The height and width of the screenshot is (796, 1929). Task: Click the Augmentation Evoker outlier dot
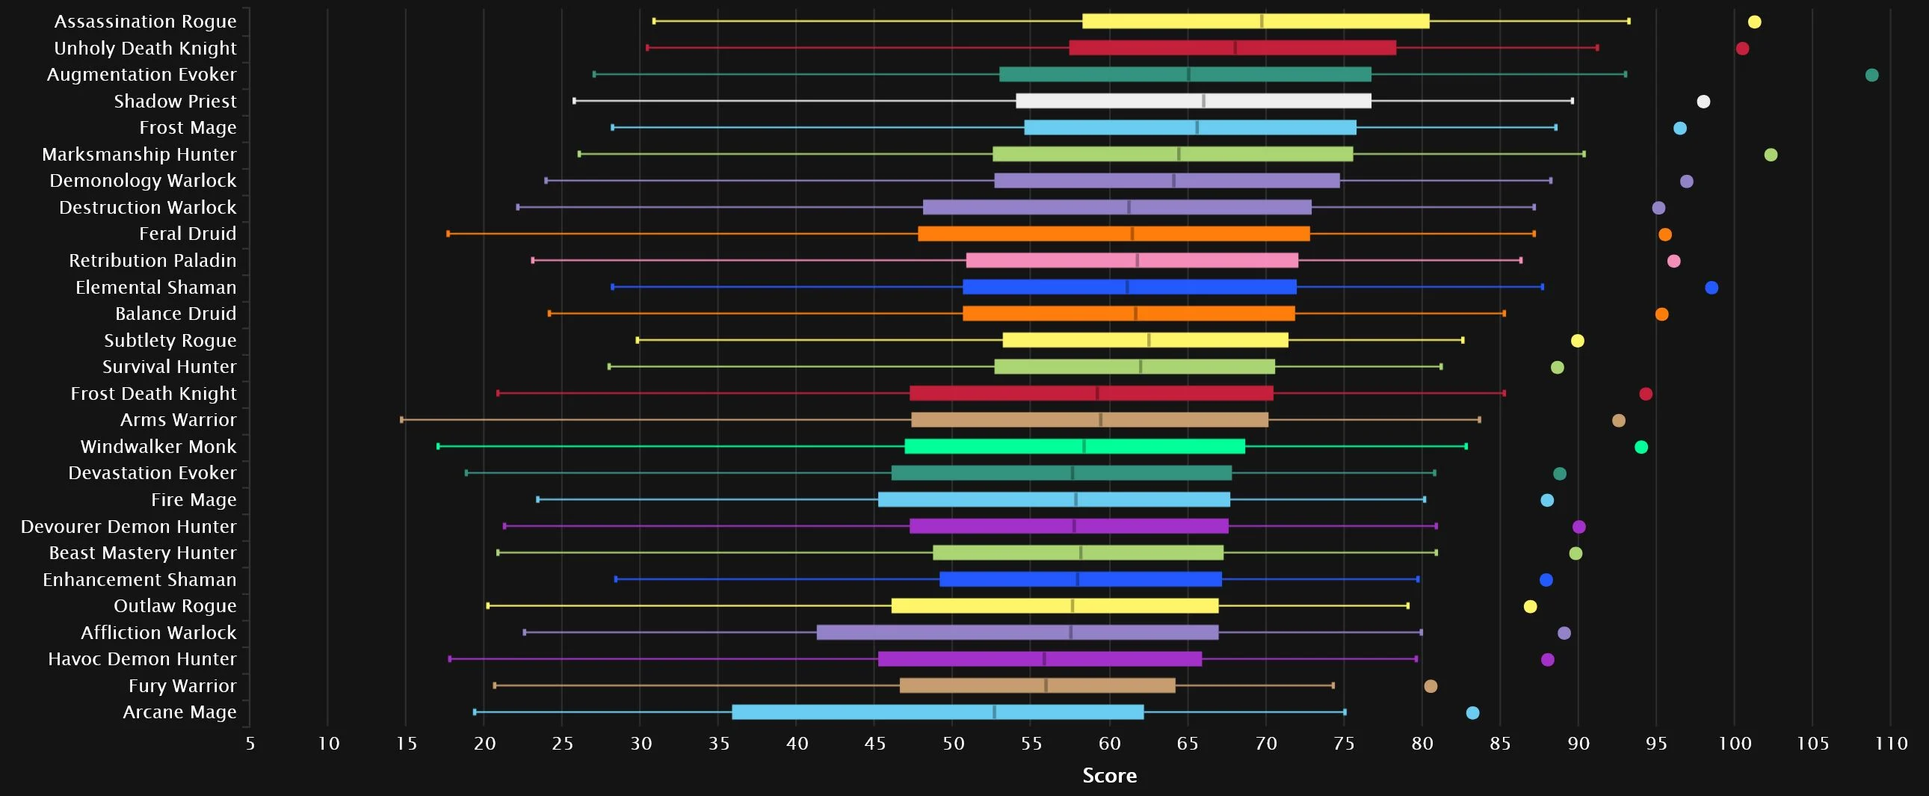click(1871, 75)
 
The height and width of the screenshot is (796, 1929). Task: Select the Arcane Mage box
click(937, 712)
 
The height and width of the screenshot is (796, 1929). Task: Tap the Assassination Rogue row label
click(145, 22)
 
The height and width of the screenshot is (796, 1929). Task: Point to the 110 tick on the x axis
click(1891, 744)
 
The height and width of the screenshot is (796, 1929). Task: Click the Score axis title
click(1109, 776)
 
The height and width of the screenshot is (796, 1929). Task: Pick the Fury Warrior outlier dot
click(1430, 686)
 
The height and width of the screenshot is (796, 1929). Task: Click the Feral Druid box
click(1114, 234)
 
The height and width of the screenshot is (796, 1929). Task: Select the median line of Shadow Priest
click(1203, 101)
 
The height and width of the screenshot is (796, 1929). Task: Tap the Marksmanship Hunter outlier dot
click(1771, 155)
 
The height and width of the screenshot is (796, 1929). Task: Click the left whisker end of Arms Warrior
click(402, 420)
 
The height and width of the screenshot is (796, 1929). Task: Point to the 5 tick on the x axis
click(250, 744)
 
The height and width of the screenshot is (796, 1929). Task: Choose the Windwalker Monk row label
click(158, 447)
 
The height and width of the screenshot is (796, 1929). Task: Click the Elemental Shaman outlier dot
click(1711, 288)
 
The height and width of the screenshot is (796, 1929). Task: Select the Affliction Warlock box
click(1017, 633)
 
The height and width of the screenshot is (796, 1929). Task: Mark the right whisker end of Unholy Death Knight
click(1597, 48)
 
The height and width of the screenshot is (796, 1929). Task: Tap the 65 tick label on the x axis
click(1188, 744)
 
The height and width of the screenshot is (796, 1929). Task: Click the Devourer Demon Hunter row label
click(128, 526)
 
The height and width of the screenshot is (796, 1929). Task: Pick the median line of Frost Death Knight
click(1097, 394)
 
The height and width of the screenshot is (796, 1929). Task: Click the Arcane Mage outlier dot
click(1472, 713)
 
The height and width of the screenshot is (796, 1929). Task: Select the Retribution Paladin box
click(1132, 261)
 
